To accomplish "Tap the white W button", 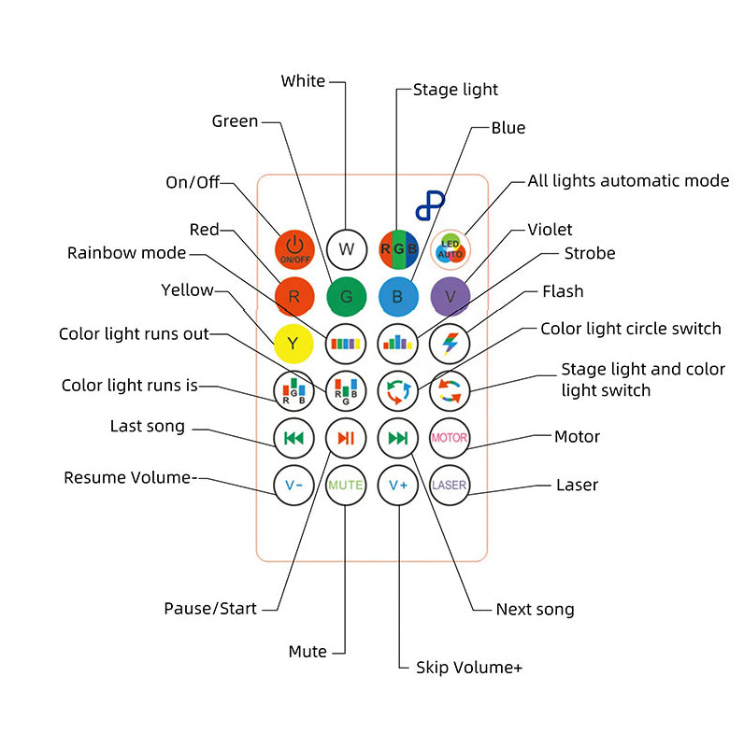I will (x=347, y=249).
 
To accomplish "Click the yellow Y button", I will (x=293, y=344).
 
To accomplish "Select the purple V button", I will (x=450, y=297).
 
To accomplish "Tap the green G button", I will (x=347, y=297).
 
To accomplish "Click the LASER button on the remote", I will (x=450, y=486).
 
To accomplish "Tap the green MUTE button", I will (x=346, y=486).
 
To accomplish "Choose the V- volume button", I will (x=293, y=486).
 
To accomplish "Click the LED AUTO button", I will (x=451, y=249).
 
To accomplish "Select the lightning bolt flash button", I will (x=450, y=344).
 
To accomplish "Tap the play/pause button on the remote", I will (x=346, y=438).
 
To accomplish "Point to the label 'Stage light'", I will (x=455, y=90).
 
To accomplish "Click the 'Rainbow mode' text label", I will (x=126, y=253).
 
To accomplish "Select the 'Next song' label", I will (x=535, y=610).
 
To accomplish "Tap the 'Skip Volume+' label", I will (x=468, y=667).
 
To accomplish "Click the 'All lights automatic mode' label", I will (x=628, y=180).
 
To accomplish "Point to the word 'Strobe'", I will (x=590, y=253).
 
